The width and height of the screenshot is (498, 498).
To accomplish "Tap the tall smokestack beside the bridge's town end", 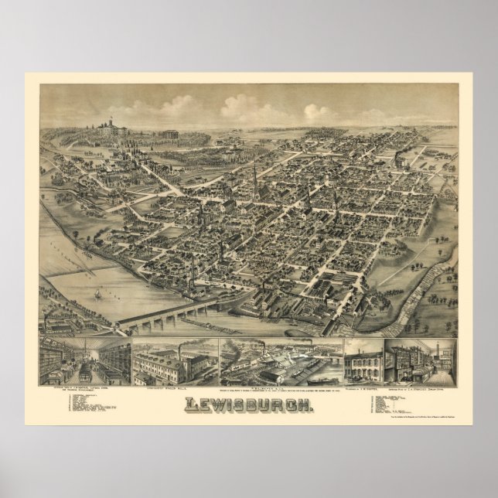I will (220, 259).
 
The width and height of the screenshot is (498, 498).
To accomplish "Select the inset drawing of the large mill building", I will (174, 361).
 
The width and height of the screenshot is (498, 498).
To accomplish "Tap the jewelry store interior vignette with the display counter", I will (418, 360).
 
